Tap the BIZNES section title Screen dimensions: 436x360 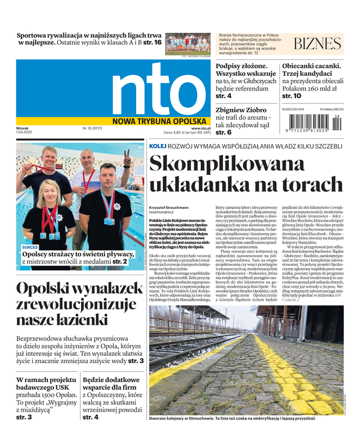coord(318,44)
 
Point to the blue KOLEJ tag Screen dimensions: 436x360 coord(158,146)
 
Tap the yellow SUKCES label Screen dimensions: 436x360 coord(30,247)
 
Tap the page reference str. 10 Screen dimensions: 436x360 coord(291,96)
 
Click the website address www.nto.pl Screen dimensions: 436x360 coord(200,128)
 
